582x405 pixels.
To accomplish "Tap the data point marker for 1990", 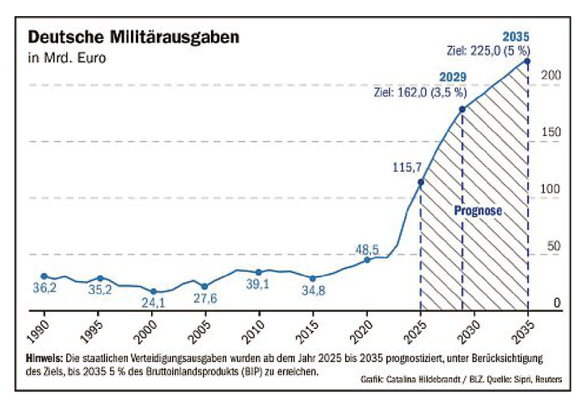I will click(x=44, y=276).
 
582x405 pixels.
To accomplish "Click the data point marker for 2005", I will click(x=205, y=286).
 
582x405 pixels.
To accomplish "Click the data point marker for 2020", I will click(x=367, y=259).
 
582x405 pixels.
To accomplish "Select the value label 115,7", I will click(x=405, y=167).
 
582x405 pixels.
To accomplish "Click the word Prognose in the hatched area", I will click(x=478, y=211).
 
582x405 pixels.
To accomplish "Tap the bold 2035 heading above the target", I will click(x=516, y=36).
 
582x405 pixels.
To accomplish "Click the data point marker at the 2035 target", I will click(x=527, y=62).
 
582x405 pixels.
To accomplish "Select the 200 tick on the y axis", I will click(x=551, y=75).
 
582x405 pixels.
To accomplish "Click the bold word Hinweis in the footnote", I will click(x=48, y=358).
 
